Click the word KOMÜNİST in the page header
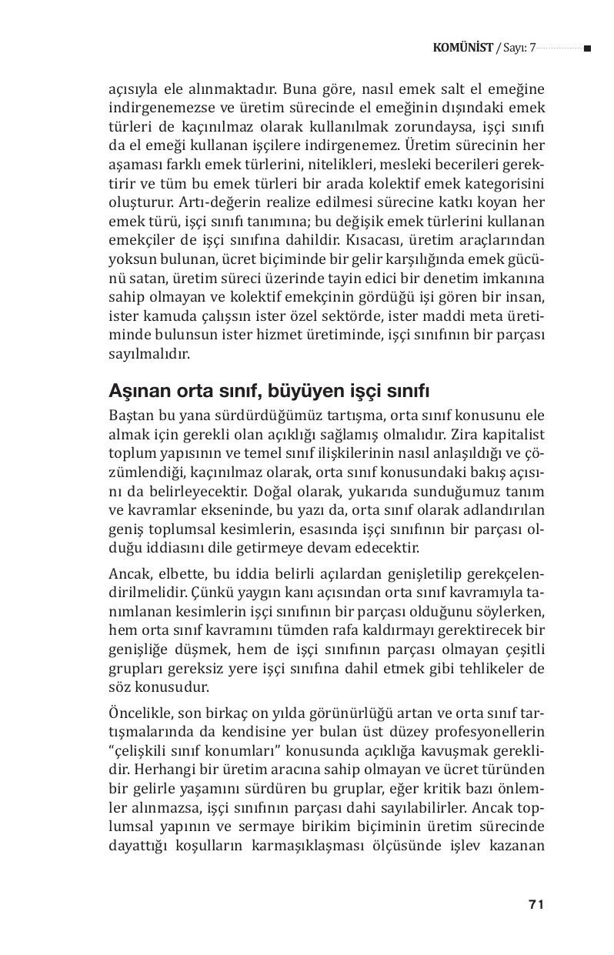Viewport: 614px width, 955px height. [462, 48]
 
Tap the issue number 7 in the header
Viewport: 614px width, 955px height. [532, 48]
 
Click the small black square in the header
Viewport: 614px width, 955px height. [587, 48]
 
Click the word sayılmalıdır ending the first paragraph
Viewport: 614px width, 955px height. [148, 355]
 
